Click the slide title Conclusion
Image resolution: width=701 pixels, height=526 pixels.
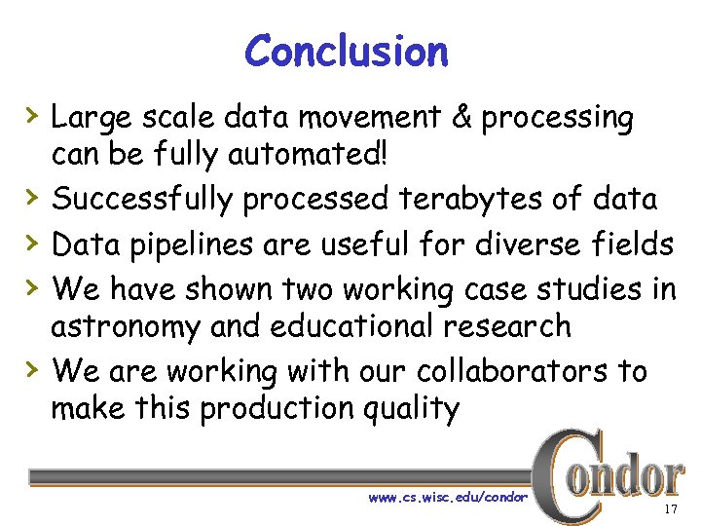pos(347,51)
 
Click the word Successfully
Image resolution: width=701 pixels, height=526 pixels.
pos(142,199)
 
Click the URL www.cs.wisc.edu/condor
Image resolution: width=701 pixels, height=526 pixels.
pos(448,498)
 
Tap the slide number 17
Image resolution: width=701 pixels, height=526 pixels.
pos(670,510)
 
